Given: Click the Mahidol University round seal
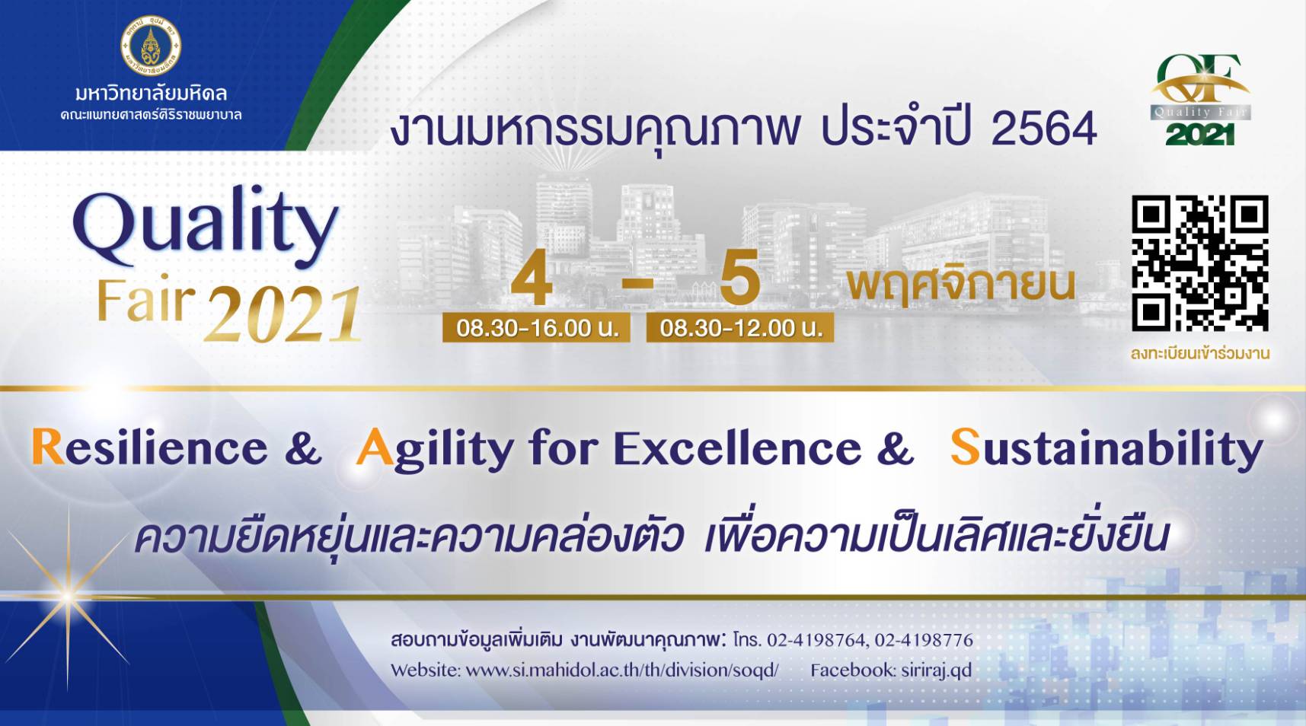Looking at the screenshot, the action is (152, 46).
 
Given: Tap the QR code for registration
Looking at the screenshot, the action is (1199, 263).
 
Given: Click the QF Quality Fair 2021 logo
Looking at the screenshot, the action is (1200, 100).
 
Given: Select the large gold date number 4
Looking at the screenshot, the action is (532, 277).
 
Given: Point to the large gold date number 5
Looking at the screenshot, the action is (739, 277).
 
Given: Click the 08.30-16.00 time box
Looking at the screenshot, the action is (536, 328).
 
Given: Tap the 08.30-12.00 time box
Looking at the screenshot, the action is (740, 328).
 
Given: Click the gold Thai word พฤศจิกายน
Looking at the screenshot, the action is (961, 285).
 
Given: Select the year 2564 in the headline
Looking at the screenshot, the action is (1044, 129).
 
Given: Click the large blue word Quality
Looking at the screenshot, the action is (206, 226).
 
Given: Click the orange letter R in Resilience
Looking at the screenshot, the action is (47, 447).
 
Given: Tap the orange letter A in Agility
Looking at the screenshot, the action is (375, 447).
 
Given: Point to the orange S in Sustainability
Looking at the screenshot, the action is (965, 447).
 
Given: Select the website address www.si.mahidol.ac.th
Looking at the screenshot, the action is (622, 670).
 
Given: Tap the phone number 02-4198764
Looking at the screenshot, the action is (816, 640).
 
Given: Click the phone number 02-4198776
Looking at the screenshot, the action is (924, 640).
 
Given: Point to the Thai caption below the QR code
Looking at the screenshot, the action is (1200, 354).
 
